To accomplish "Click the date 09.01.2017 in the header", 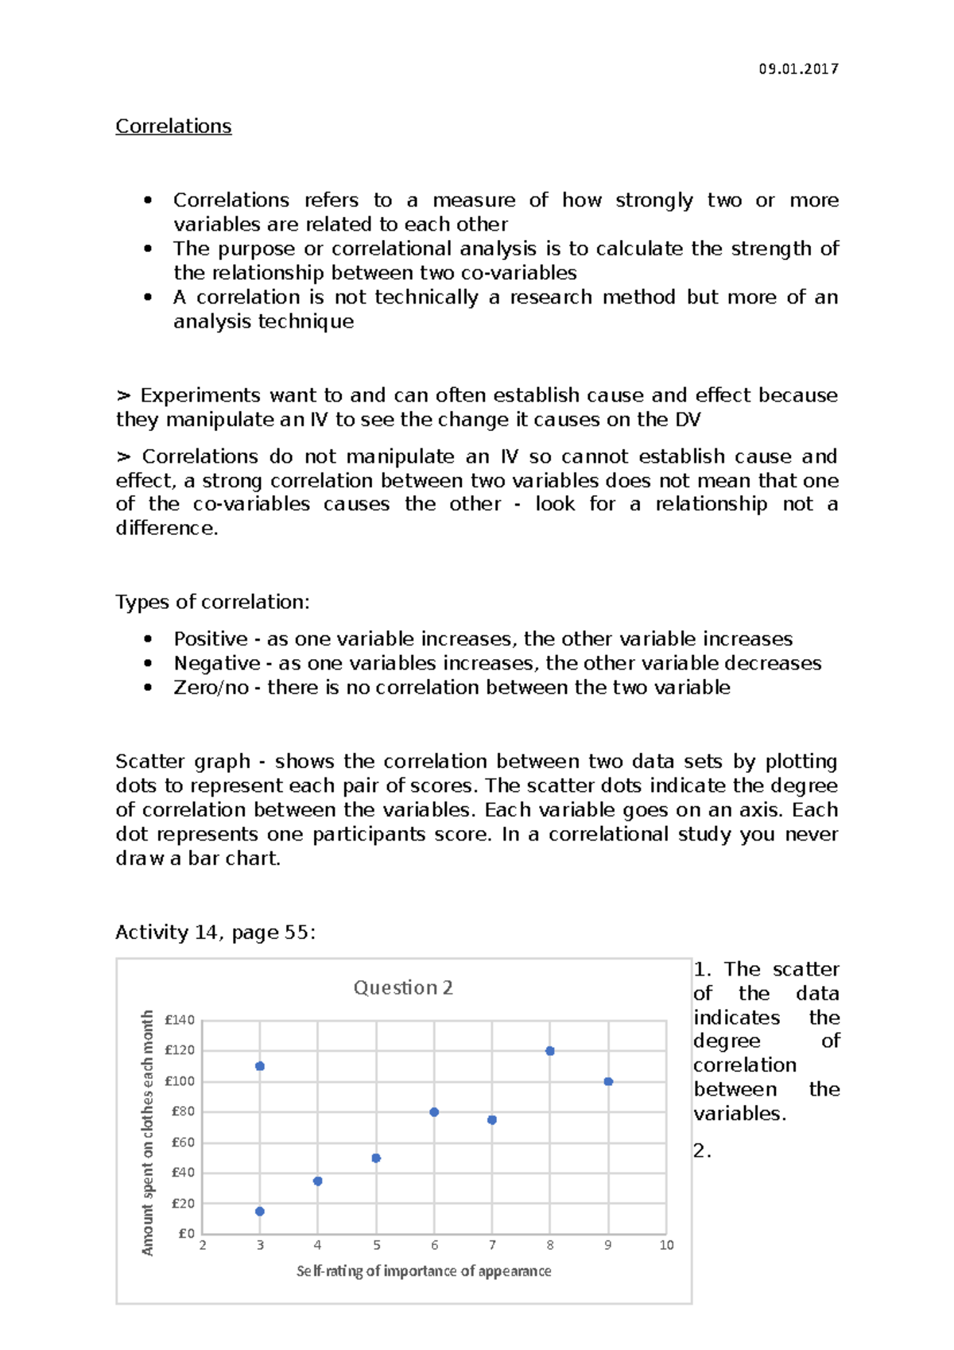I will click(798, 69).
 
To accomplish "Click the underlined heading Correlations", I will click(173, 126).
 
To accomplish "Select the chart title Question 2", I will click(403, 987).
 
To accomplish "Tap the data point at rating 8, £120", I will click(550, 1051).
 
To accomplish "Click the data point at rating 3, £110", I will click(260, 1066).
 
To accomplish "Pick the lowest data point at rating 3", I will click(260, 1212).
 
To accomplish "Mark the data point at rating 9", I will click(608, 1081).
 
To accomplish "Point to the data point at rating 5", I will click(376, 1158).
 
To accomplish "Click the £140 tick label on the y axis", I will click(180, 1020).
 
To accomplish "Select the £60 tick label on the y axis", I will click(183, 1142).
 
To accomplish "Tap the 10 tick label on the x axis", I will click(666, 1245).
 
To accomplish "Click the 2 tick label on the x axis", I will click(203, 1245).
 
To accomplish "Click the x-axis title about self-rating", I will click(424, 1271).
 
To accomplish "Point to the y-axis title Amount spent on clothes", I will click(148, 1133).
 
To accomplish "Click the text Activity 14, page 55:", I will click(215, 933).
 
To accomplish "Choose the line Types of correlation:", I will click(212, 602).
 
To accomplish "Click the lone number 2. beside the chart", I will click(701, 1150).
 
